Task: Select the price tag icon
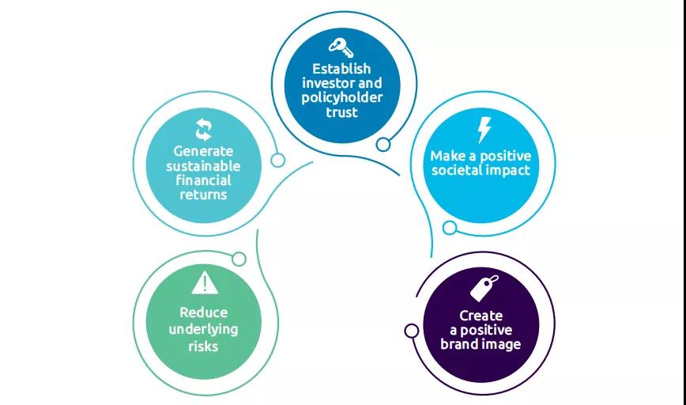[484, 288]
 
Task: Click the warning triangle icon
[204, 282]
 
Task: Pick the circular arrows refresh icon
[203, 130]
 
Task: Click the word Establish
[341, 69]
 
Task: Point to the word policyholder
[341, 97]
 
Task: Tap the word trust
[341, 112]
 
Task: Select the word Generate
[203, 150]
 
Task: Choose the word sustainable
[203, 165]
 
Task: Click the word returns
[203, 194]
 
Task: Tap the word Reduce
[203, 312]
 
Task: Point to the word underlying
[203, 329]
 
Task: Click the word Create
[481, 316]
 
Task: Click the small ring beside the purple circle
[412, 331]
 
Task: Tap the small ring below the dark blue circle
[383, 144]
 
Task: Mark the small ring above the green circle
[239, 259]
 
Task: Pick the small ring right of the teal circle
[278, 161]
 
